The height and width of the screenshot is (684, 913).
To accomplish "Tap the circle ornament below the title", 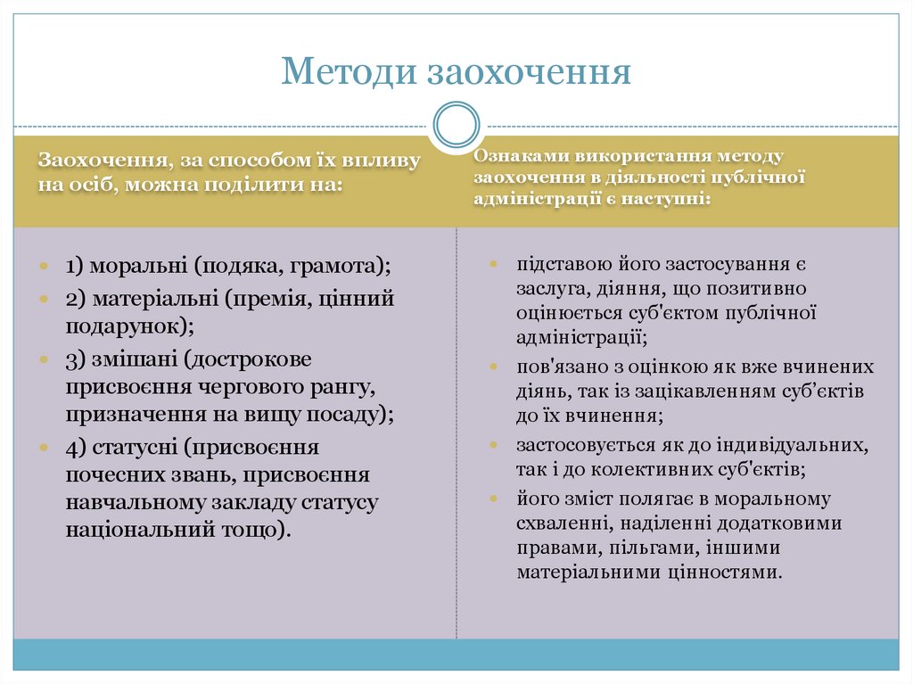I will click(x=456, y=124).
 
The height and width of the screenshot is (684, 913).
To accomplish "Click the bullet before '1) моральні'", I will click(x=44, y=267).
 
